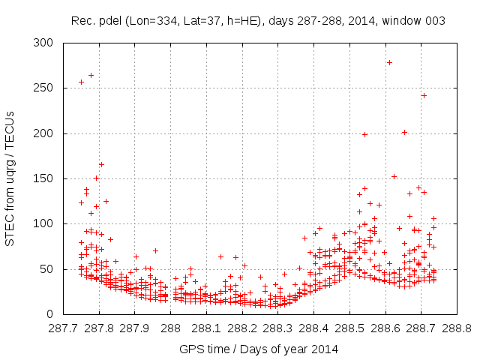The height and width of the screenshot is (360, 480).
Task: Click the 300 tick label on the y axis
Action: pos(46,43)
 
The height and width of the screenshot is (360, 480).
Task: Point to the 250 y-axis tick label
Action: pos(46,88)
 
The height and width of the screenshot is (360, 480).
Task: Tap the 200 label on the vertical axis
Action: pos(46,133)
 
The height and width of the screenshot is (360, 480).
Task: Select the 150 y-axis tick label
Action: pos(46,178)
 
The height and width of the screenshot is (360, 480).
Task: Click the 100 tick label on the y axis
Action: pos(46,223)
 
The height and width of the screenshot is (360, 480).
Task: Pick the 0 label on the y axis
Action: pos(52,313)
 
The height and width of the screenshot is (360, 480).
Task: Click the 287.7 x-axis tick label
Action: pos(64,328)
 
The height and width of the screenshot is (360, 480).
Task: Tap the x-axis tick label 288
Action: pos(171,328)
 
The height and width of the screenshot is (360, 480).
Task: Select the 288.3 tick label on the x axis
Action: pos(278,328)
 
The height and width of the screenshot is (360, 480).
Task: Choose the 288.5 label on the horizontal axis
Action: pos(349,328)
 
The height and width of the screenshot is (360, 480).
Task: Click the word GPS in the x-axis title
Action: pos(191,349)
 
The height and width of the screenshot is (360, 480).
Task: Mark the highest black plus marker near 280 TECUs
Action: pos(389,62)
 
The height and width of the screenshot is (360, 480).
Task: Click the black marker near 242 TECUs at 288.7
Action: pos(424,95)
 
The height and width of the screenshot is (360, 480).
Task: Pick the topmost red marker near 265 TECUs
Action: pos(91,75)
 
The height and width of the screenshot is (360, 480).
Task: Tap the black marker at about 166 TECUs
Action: pos(101,164)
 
